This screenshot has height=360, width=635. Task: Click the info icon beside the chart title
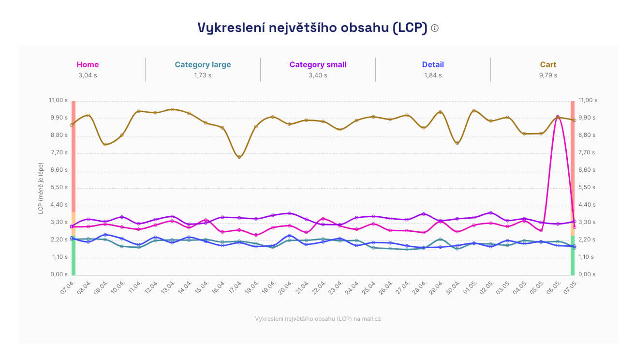click(x=435, y=28)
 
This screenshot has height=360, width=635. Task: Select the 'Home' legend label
click(x=88, y=64)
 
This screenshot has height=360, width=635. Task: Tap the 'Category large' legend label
click(x=203, y=64)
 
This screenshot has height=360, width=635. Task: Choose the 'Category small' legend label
click(x=318, y=64)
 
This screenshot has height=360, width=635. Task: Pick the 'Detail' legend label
click(x=432, y=64)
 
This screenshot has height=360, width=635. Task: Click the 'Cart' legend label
click(x=548, y=64)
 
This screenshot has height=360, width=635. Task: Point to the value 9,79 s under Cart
click(x=548, y=75)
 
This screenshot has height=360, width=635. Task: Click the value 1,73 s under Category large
click(x=203, y=75)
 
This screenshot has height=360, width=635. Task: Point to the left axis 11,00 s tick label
click(x=58, y=100)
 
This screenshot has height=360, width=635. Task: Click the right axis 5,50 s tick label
click(x=588, y=187)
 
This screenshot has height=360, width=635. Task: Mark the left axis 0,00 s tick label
click(x=58, y=274)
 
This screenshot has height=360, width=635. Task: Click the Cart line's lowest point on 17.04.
click(x=239, y=157)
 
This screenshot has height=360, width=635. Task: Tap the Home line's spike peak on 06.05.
click(x=558, y=117)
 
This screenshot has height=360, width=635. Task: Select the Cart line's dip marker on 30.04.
click(x=457, y=143)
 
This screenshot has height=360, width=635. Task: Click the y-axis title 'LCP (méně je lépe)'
click(x=41, y=188)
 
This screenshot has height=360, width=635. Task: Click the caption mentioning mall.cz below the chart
click(x=318, y=319)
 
